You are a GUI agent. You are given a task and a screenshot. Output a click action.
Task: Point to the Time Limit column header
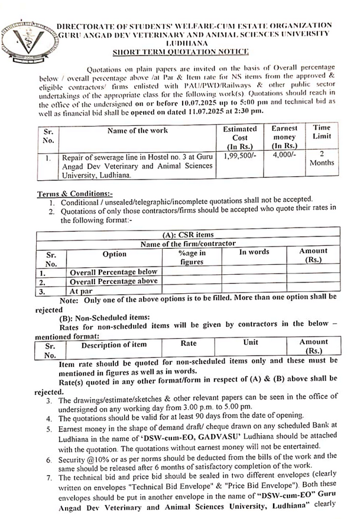click(323, 132)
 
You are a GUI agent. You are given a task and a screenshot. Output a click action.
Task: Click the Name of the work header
click(138, 130)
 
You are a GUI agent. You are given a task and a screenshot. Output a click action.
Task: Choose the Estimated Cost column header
click(239, 137)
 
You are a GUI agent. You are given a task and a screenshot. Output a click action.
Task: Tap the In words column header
click(254, 252)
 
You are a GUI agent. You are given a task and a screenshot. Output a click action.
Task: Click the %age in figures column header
click(192, 257)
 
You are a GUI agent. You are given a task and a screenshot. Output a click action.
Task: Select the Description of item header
click(113, 345)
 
